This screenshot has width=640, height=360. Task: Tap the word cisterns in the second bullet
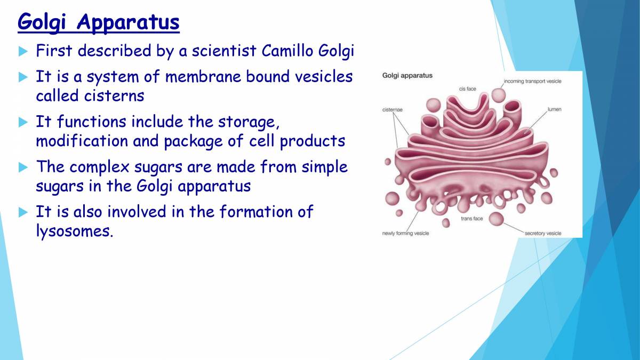click(114, 96)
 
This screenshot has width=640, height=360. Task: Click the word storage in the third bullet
click(248, 122)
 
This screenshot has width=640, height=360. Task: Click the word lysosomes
click(74, 232)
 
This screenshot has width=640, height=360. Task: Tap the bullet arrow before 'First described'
click(22, 52)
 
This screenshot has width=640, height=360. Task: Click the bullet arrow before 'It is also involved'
click(22, 212)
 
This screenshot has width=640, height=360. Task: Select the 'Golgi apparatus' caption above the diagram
click(407, 76)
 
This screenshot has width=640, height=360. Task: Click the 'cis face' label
click(467, 89)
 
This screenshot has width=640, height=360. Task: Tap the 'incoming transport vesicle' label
click(532, 81)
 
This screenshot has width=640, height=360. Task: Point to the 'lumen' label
click(554, 109)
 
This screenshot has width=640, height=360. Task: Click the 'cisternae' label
click(393, 109)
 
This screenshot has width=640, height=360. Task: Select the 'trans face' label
click(471, 219)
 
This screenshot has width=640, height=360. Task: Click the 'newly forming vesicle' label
click(405, 233)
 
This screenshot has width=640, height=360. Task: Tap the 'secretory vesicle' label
click(543, 233)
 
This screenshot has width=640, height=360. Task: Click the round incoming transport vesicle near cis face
click(499, 95)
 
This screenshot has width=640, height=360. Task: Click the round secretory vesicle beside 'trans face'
click(497, 218)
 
